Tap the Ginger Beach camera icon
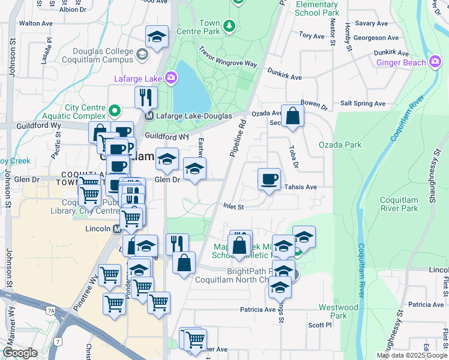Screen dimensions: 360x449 (x=435, y=61)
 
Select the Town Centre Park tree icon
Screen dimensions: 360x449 (x=228, y=26)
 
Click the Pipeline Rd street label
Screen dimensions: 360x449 (x=238, y=138)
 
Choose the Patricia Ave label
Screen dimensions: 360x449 (x=258, y=310)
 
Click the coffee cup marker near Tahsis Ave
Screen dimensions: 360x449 (x=269, y=179)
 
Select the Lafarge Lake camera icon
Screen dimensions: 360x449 (x=172, y=77)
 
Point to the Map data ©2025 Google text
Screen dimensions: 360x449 (x=412, y=355)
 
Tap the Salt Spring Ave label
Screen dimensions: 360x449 (x=363, y=103)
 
